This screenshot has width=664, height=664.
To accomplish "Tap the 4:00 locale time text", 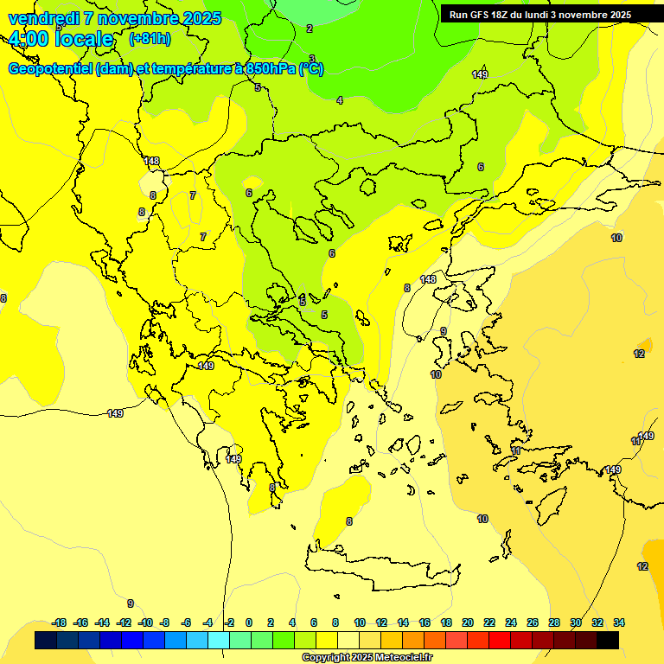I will click(x=61, y=39).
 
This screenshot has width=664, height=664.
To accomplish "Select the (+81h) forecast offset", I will click(x=150, y=39).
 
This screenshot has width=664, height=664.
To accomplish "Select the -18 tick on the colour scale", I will click(x=59, y=622).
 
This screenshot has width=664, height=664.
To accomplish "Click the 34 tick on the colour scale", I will click(x=619, y=622).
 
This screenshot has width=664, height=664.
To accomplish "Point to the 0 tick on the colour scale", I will click(x=249, y=622).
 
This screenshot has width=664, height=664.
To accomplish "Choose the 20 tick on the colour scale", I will click(x=468, y=622).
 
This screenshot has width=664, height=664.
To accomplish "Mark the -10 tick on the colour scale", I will click(x=144, y=622).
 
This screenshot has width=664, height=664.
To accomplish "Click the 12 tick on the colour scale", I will click(x=381, y=622).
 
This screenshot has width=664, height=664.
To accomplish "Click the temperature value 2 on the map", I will click(x=310, y=29).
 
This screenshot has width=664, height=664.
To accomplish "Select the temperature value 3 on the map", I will click(x=312, y=59).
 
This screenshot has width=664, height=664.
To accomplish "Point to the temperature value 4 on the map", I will click(x=340, y=100).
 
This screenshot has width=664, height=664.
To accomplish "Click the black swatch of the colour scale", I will click(x=608, y=640).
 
